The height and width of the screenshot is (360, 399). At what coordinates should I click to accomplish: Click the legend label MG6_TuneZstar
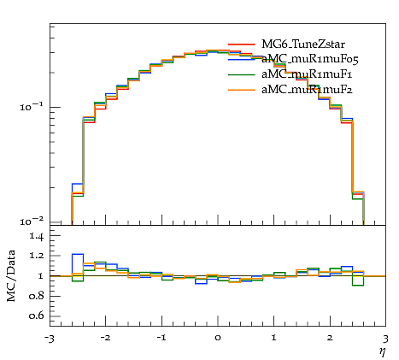[x=303, y=44]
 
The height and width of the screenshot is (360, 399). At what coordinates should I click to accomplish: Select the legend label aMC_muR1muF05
[x=310, y=60]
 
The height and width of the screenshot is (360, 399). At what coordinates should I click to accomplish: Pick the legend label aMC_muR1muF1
[x=307, y=74]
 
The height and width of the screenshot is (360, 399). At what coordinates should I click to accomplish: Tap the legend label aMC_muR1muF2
[x=307, y=90]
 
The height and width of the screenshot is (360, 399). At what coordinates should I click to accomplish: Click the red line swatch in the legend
[x=242, y=44]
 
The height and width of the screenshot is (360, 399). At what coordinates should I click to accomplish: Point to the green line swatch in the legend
[x=242, y=74]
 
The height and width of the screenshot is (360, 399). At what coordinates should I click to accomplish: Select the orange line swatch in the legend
[x=242, y=90]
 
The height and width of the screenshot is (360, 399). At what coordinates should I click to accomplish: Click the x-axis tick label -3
[x=49, y=339]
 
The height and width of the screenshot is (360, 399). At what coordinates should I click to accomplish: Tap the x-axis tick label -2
[x=105, y=338]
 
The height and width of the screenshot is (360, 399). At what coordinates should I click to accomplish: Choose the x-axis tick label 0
[x=218, y=338]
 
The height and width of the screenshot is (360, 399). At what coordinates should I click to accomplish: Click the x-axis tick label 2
[x=330, y=338]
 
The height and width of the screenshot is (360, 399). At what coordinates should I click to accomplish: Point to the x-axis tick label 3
[x=386, y=339]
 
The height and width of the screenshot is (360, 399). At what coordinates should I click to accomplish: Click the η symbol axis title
[x=382, y=352]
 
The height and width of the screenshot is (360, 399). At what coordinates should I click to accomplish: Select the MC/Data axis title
[x=11, y=276]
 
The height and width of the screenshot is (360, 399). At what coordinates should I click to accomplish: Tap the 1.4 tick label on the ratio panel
[x=36, y=237]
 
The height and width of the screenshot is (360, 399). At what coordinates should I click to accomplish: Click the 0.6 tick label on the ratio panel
[x=36, y=316]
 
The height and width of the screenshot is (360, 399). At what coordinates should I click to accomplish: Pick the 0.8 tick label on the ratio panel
[x=36, y=296]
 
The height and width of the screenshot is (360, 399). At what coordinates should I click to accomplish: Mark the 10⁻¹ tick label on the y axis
[x=32, y=106]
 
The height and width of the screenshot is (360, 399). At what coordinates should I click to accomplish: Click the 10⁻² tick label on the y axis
[x=32, y=221]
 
